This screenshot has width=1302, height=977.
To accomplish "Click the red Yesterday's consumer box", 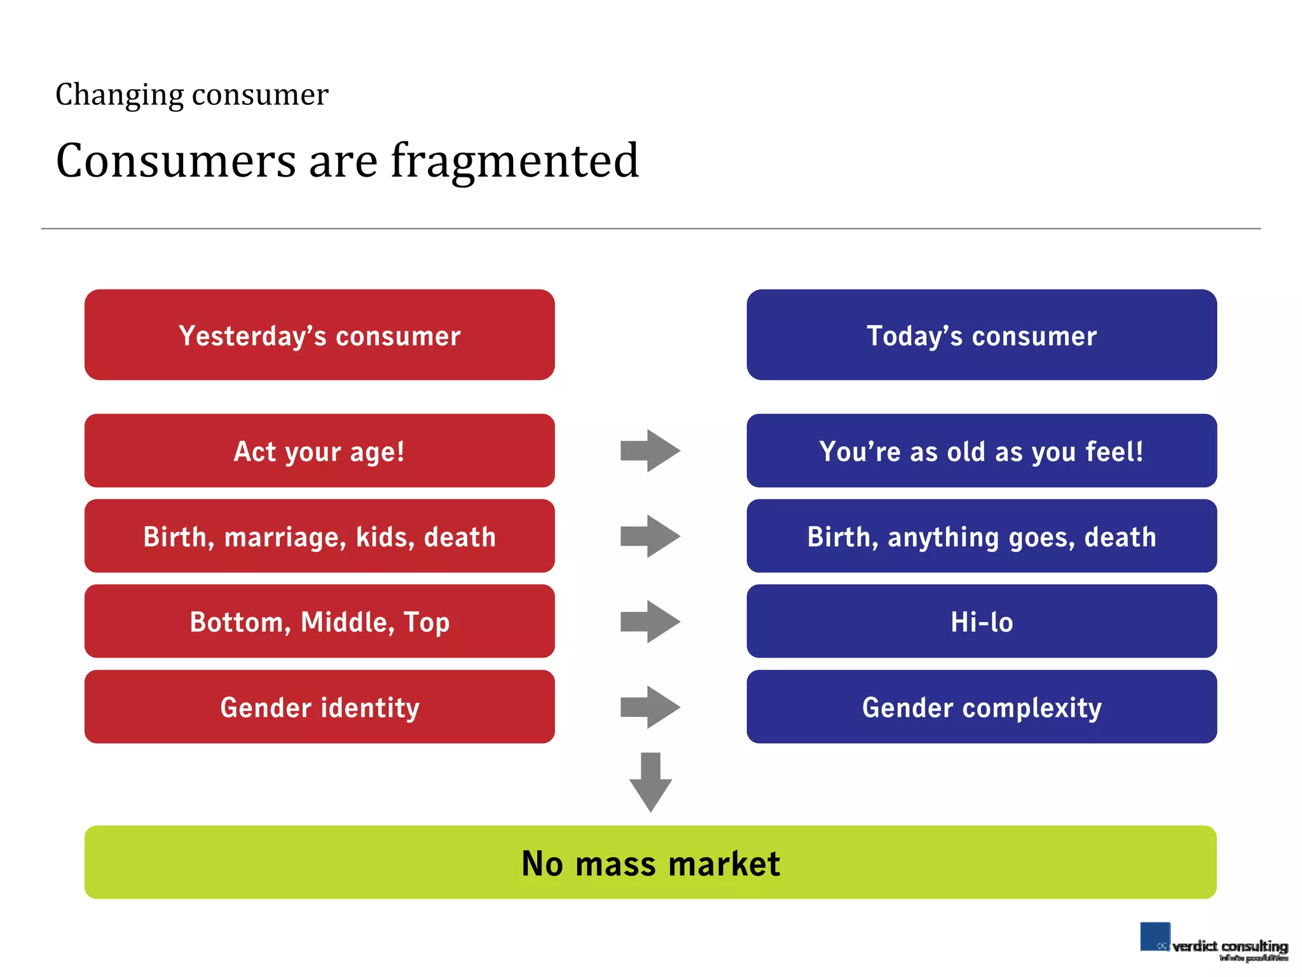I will coord(319,335).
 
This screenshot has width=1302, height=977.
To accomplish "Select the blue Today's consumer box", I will coord(981,335).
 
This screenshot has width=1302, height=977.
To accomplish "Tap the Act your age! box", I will coord(319,450).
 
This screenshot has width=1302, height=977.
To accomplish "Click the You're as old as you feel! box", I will coord(981,450).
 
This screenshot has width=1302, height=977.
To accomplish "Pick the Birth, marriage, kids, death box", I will coord(319,536).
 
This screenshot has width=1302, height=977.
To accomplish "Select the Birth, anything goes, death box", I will coord(981,536).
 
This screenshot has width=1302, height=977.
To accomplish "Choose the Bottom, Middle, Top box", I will coord(319,621).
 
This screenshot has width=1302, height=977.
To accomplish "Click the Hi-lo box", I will coord(981,621).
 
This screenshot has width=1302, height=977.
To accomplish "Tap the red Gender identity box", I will coord(319,706).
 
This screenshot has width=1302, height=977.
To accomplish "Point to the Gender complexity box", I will coord(981,706).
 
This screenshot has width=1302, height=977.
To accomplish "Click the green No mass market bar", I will coord(650,862).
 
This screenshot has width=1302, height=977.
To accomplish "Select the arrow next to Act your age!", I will coord(650,450).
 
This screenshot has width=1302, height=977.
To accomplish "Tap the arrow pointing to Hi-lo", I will coord(650,621).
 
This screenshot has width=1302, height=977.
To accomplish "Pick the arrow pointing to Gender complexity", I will coord(650,707).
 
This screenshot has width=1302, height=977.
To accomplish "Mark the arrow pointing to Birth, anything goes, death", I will coord(650,536).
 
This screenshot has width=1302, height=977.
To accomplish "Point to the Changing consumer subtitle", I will coord(191,95).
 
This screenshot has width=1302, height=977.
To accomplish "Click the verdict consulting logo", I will coord(1213,942).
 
